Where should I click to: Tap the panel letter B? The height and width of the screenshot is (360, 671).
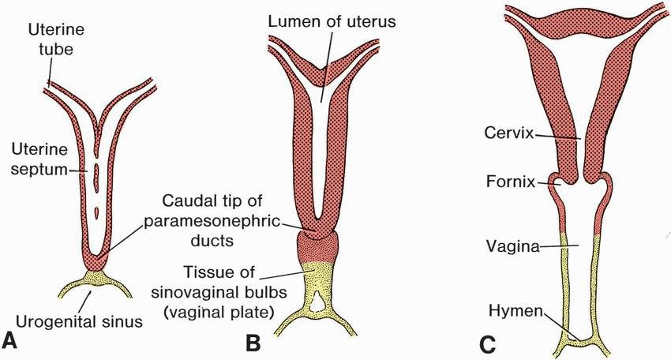point(253,343)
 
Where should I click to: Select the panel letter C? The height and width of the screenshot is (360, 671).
point(487,343)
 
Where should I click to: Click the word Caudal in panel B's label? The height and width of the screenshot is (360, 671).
point(189,201)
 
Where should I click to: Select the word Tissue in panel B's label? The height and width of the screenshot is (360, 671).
point(201,273)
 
